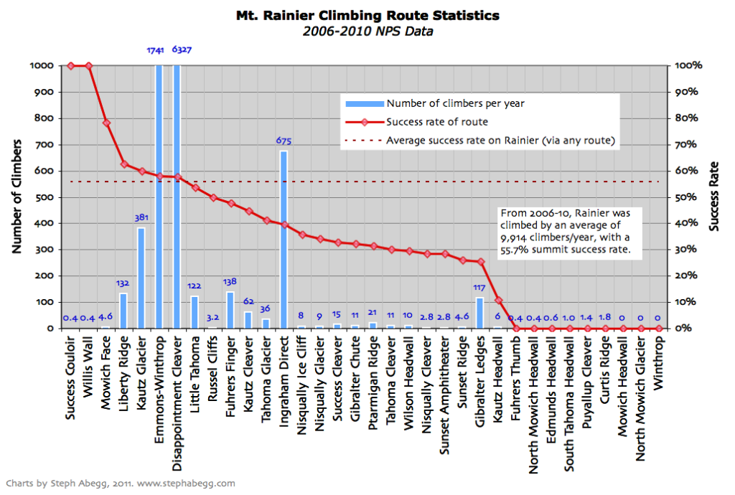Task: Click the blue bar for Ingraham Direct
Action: tap(284, 240)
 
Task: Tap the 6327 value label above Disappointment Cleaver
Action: tap(181, 50)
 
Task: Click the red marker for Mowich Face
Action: tap(106, 123)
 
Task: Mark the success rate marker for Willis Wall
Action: tap(88, 66)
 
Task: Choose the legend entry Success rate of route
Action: tap(437, 122)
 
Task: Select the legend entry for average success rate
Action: tap(501, 140)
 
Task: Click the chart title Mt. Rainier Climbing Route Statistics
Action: tap(367, 15)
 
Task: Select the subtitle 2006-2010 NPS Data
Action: tap(367, 31)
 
